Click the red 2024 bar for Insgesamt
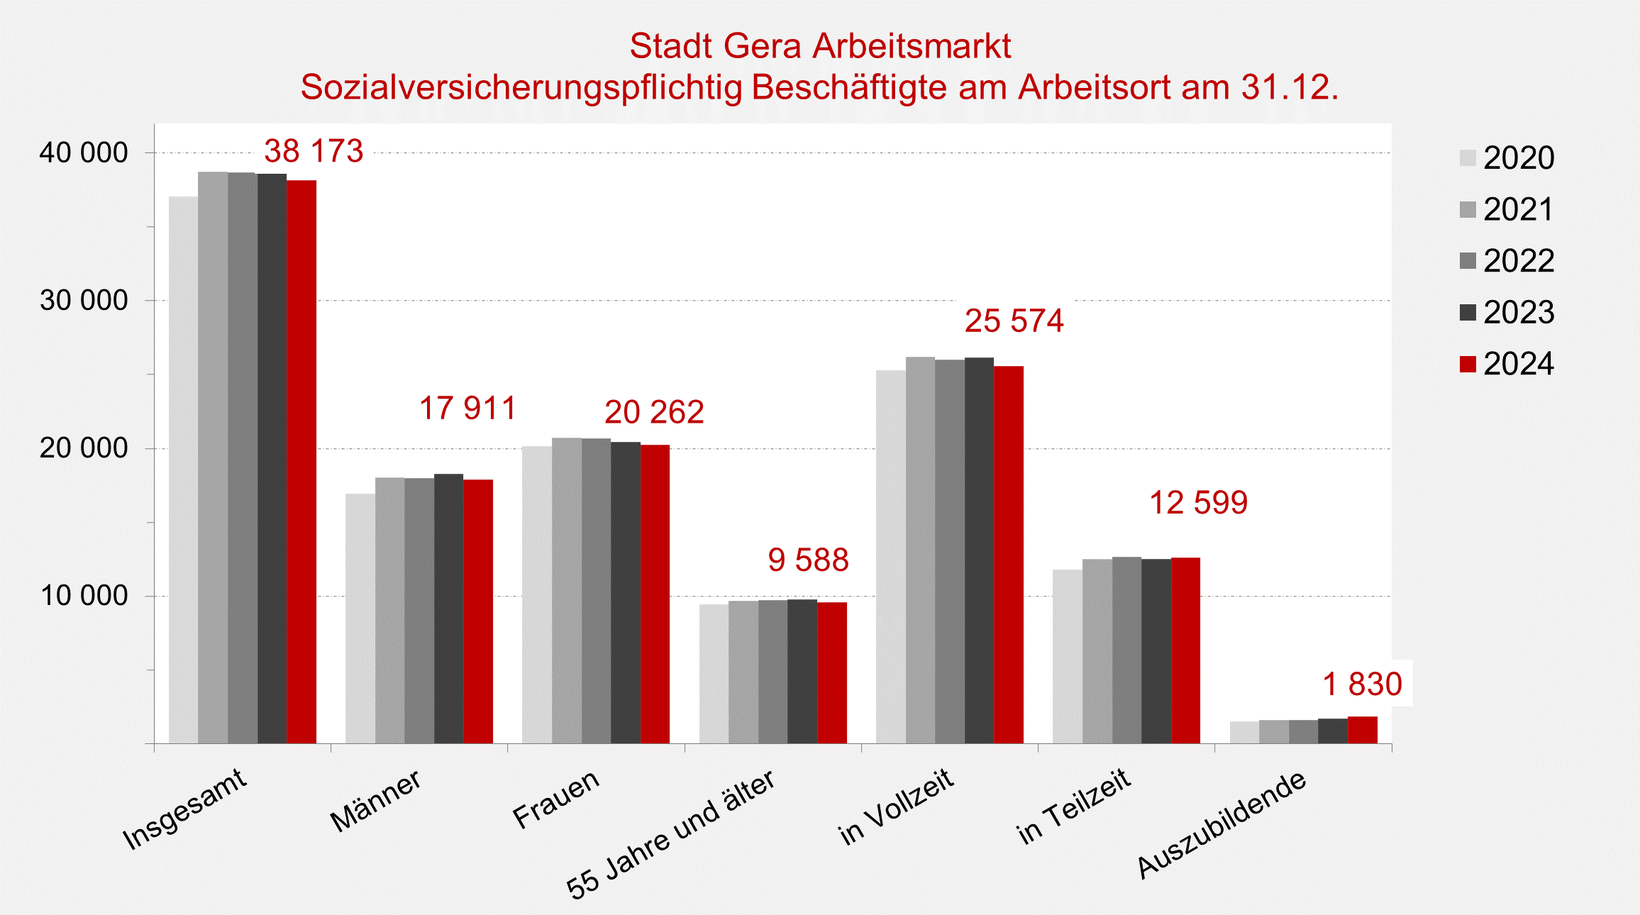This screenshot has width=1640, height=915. click(301, 461)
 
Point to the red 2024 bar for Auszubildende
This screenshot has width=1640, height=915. click(1363, 731)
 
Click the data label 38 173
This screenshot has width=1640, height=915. click(314, 151)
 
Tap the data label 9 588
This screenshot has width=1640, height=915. click(808, 560)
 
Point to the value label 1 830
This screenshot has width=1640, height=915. click(1362, 684)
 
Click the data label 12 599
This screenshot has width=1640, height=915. click(1198, 503)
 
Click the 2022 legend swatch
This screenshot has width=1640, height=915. click(1468, 261)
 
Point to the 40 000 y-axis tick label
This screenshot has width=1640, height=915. click(84, 153)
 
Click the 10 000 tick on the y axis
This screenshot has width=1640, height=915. click(84, 596)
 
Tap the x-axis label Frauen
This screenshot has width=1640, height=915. click(557, 799)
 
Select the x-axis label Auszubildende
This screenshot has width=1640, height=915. click(1221, 824)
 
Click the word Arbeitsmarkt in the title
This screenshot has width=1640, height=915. click(912, 46)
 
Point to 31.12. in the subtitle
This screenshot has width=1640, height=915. click(1290, 87)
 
